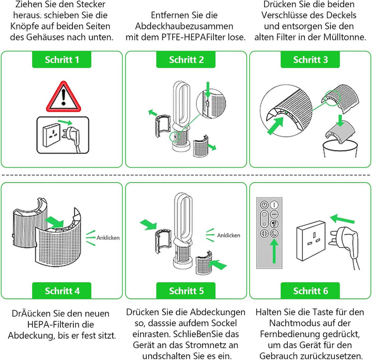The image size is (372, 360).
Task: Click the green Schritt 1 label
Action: pos(62,60)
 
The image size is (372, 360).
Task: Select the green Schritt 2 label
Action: pos(186,60)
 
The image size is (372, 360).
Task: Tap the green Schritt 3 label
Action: pos(311,60)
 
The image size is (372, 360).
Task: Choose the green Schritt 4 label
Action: pos(62,291)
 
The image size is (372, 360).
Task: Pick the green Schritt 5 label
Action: pos(186,291)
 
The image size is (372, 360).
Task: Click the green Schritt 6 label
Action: pos(311,291)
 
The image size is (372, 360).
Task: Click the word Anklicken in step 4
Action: pos(107,238)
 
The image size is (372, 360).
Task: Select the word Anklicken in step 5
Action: pos(228,235)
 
